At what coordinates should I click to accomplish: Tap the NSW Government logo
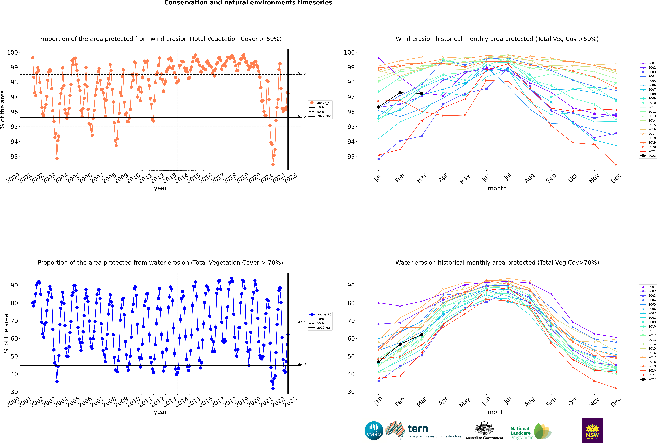592,430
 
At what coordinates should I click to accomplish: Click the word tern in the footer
418,429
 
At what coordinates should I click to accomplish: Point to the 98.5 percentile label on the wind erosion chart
302,73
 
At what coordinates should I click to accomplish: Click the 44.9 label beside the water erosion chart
302,364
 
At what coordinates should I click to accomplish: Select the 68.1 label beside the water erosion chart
302,323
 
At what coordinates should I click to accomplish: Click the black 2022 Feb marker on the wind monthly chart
400,93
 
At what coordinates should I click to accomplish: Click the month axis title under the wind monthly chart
497,188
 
